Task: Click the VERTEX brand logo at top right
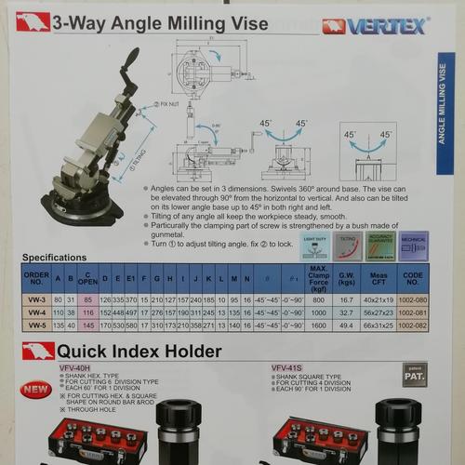point(374,26)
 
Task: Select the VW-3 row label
point(36,299)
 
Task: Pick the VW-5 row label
point(36,325)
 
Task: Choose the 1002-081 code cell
point(414,313)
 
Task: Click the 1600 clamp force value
point(319,325)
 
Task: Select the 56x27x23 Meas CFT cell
point(379,313)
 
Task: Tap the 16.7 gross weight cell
point(346,300)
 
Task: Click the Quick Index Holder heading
point(139,352)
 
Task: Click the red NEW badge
point(36,389)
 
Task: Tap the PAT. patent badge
point(415,375)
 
